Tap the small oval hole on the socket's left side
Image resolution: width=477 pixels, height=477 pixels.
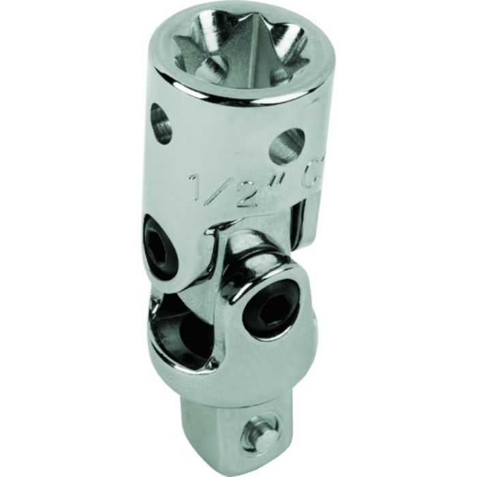click(160, 123)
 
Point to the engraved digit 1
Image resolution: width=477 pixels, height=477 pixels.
click(196, 185)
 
